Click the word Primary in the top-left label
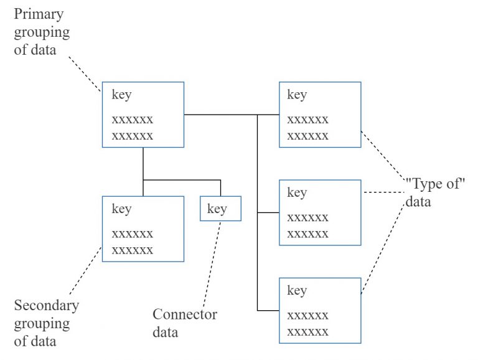[x=37, y=14]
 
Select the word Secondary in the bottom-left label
[x=47, y=306]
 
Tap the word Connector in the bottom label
[x=185, y=315]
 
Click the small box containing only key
[x=220, y=209]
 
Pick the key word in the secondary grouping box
[x=121, y=209]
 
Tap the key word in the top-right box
[x=297, y=95]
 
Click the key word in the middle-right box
[x=297, y=192]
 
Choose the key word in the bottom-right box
[x=297, y=291]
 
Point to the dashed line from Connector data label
[x=212, y=262]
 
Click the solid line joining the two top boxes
[x=231, y=115]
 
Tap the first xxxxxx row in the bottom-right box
[x=307, y=316]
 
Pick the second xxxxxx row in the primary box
[x=132, y=135]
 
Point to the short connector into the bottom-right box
[x=268, y=310]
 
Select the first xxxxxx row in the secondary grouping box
[x=132, y=234]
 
